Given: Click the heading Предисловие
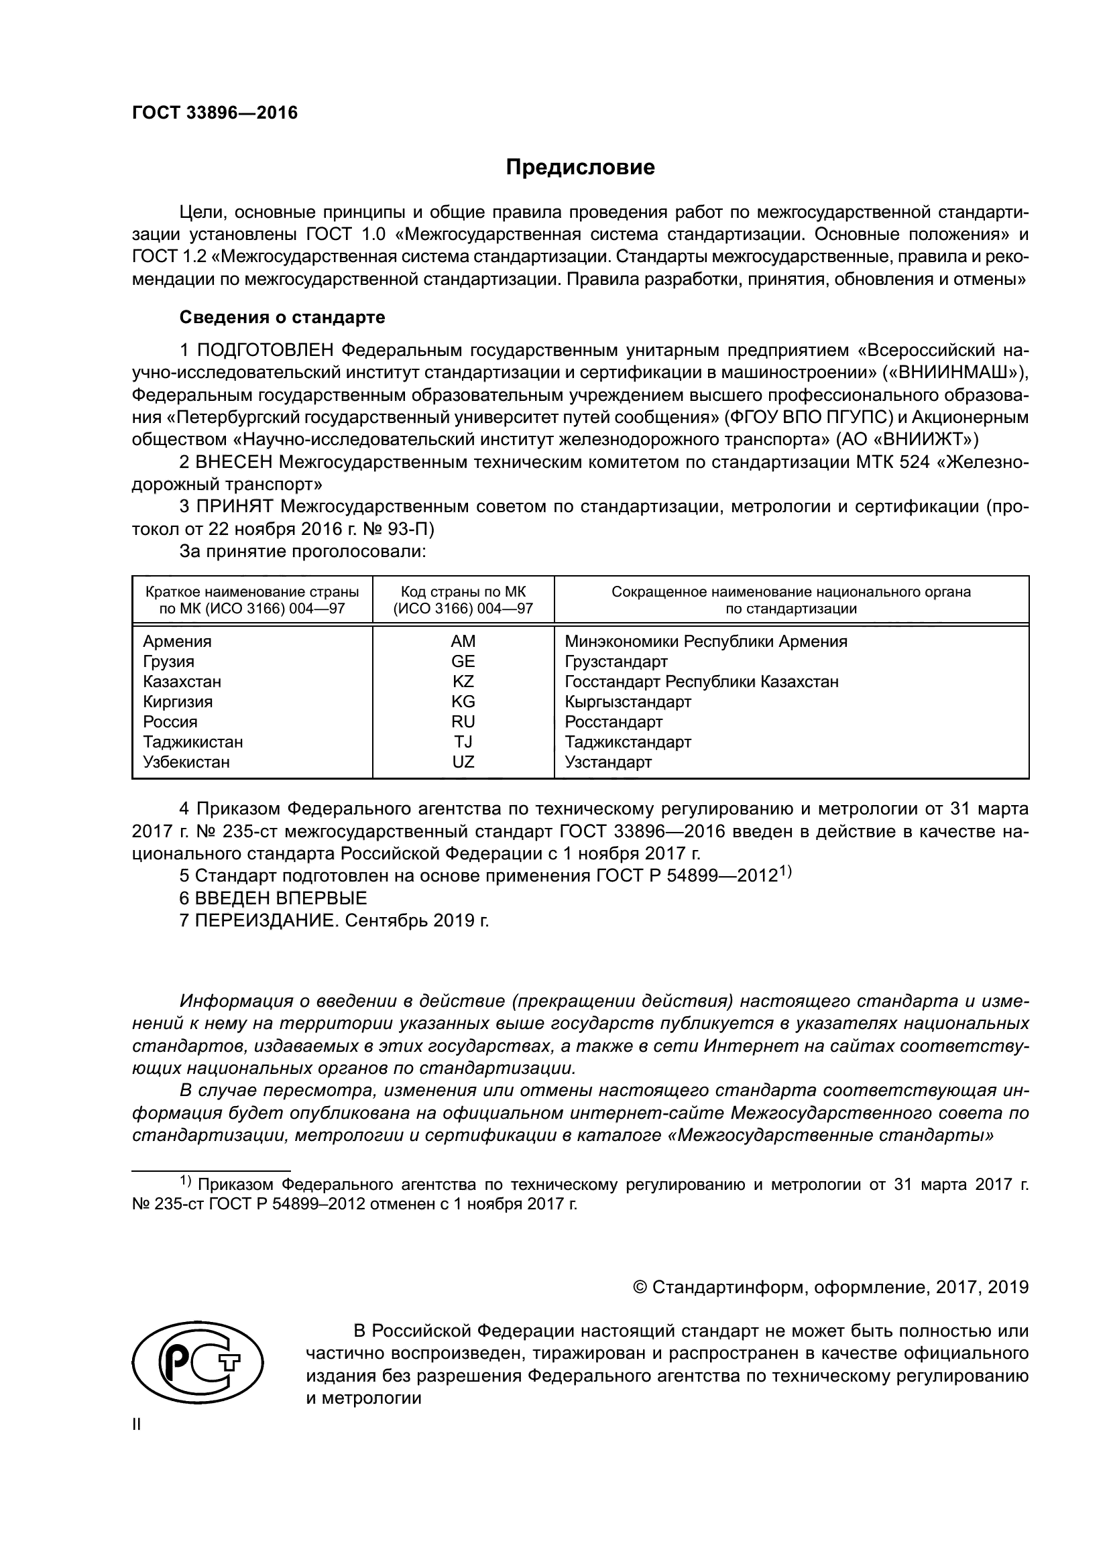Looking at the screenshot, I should [x=580, y=168].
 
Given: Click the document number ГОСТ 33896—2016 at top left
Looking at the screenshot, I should [x=215, y=113].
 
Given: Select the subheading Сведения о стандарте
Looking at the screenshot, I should [x=282, y=318].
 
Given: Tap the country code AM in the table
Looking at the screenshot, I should [x=463, y=642].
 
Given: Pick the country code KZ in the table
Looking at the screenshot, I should [x=463, y=682].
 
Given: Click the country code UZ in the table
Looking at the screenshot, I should [x=463, y=762].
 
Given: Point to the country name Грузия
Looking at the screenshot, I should [x=169, y=661].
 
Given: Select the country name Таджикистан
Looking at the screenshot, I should [x=192, y=741].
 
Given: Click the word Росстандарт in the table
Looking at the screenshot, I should [x=614, y=722].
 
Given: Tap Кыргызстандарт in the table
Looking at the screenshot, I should [x=628, y=701].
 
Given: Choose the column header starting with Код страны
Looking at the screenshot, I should [x=463, y=600].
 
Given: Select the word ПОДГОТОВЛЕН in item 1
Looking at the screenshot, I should [x=265, y=351].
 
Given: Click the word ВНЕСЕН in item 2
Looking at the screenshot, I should [x=234, y=463].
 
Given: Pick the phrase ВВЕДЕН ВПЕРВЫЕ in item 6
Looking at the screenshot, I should [x=281, y=898].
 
